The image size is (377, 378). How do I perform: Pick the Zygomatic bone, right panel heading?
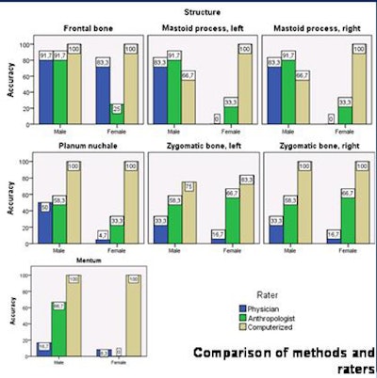click(316, 147)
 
